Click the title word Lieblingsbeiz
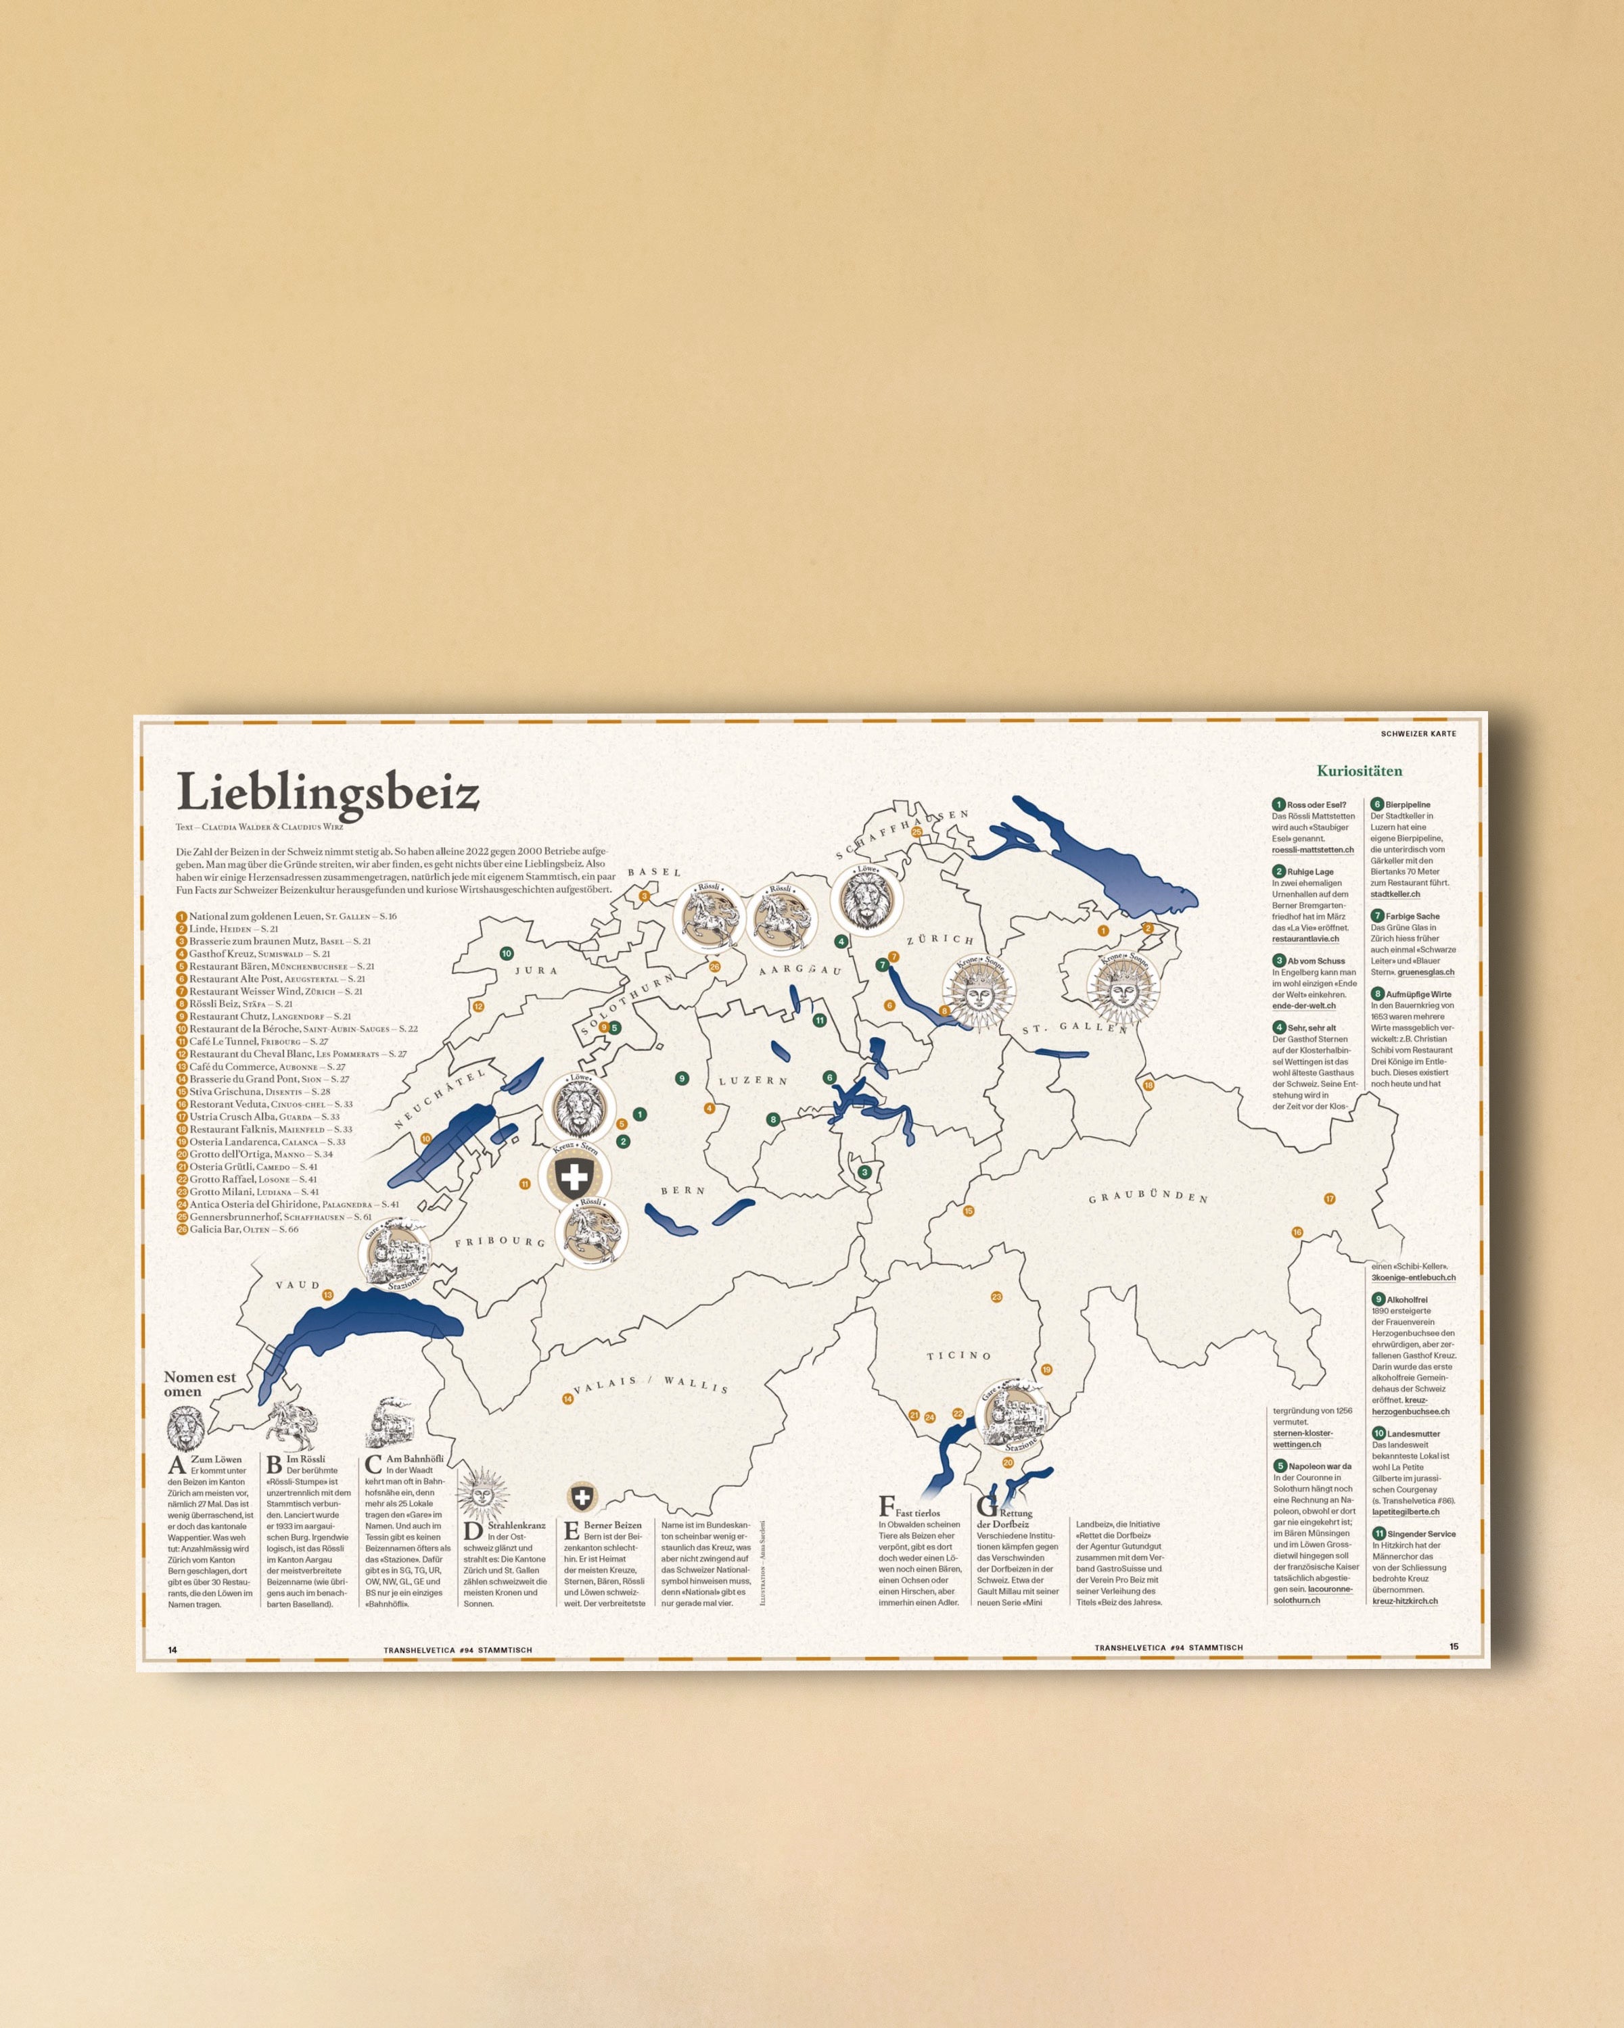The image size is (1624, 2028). point(327,792)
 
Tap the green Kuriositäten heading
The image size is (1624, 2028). point(1359,771)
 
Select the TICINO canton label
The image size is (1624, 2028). point(959,1355)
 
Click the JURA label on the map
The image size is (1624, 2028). point(536,970)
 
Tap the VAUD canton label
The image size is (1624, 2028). point(298,1285)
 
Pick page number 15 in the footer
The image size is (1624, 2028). point(1453,1647)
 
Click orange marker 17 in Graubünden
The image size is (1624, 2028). point(1330,1199)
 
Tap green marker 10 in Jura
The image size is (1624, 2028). point(506,953)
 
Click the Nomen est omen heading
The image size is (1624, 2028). point(200,1384)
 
